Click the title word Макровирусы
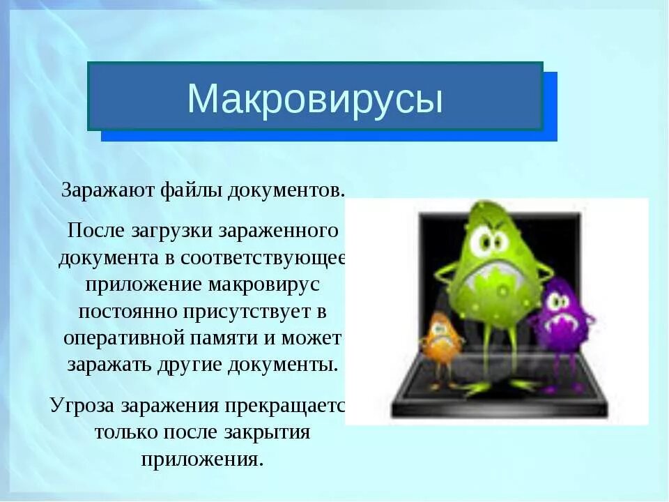click(x=315, y=99)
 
